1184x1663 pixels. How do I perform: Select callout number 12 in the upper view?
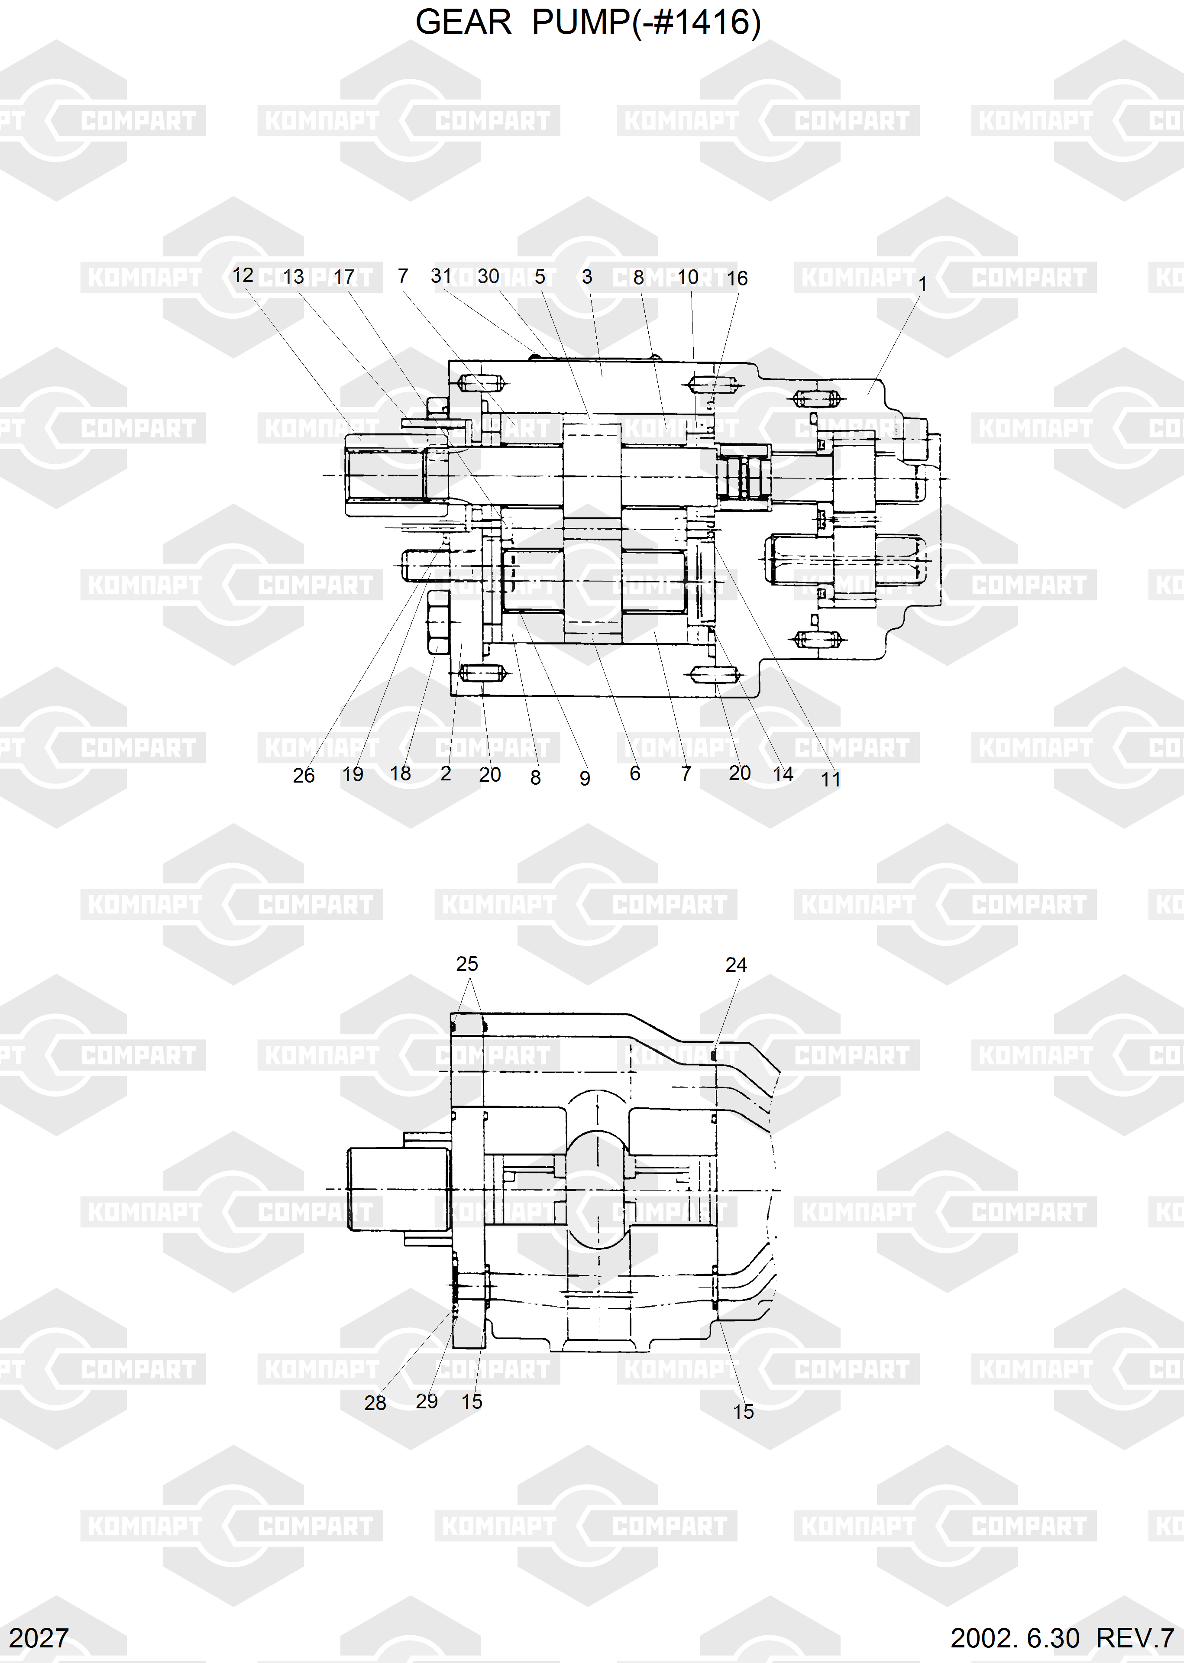click(x=243, y=275)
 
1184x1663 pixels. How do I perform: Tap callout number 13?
click(x=293, y=277)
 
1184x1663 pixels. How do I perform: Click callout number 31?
click(x=441, y=275)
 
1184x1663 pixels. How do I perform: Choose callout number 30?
click(x=488, y=276)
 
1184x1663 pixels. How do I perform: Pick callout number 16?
click(x=737, y=278)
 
